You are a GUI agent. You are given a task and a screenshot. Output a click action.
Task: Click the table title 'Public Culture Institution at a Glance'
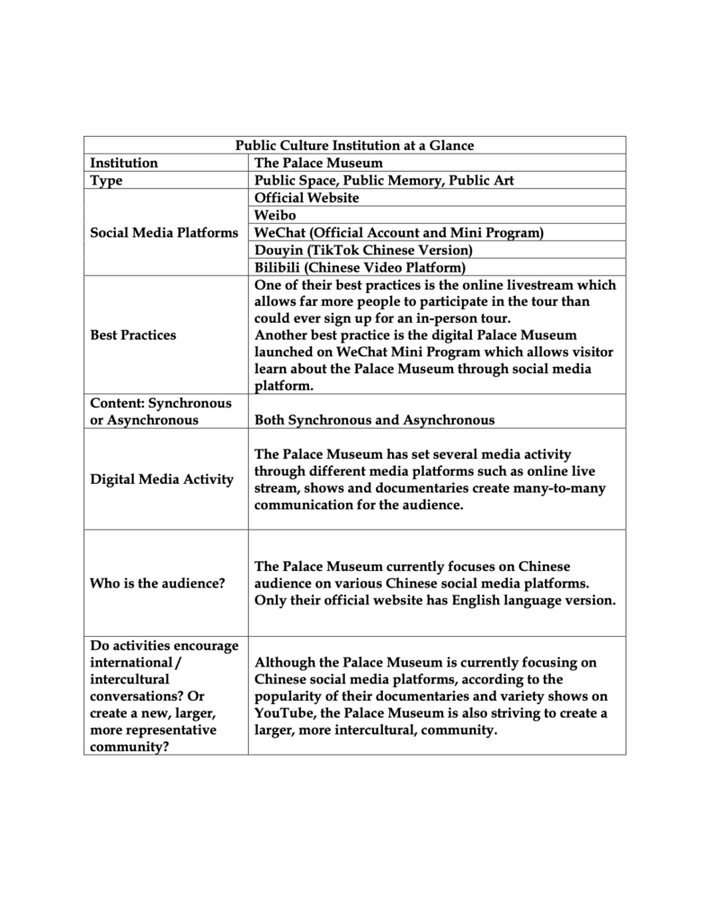(354, 145)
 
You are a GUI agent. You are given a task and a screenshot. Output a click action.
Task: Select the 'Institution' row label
(124, 163)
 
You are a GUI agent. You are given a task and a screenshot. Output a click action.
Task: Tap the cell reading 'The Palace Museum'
(318, 163)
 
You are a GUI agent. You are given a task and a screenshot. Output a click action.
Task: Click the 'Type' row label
(106, 180)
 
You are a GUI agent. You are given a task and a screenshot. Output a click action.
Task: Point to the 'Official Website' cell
(307, 197)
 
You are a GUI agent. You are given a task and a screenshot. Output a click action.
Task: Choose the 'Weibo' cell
(275, 215)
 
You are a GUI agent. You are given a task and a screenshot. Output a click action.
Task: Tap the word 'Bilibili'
(280, 267)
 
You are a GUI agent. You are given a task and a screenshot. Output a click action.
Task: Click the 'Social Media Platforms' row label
(164, 233)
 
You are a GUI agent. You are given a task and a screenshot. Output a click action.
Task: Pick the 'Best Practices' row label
(133, 335)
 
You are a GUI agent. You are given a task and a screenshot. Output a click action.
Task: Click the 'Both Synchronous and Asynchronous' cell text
(374, 420)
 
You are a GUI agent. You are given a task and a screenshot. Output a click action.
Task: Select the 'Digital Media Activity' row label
(162, 479)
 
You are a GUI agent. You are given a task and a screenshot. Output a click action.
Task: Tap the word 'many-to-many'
(562, 488)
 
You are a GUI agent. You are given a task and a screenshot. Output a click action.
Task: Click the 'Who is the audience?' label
(157, 583)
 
